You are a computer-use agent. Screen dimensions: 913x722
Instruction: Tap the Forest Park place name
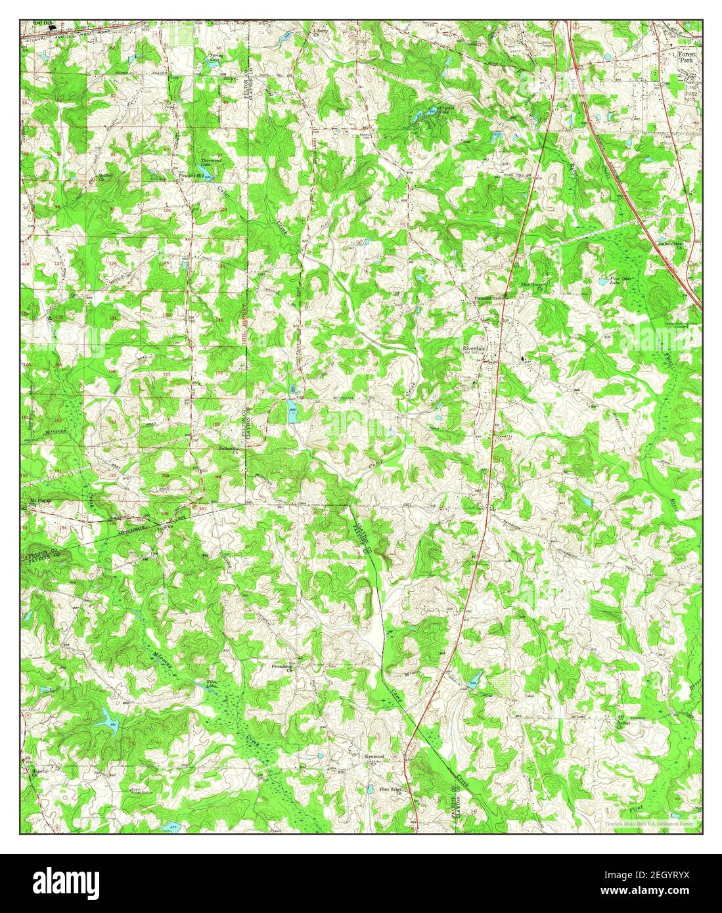[690, 57]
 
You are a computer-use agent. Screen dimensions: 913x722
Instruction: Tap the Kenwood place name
[374, 757]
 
